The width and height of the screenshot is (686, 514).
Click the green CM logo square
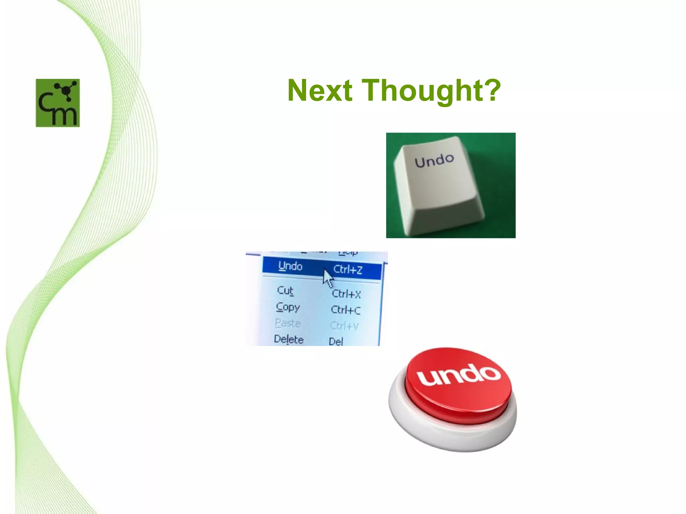click(58, 103)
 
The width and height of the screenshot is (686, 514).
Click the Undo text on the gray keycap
click(434, 161)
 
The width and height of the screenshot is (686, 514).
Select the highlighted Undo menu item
click(290, 266)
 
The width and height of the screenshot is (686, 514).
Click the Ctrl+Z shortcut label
click(348, 269)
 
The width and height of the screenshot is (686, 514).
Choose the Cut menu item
click(285, 290)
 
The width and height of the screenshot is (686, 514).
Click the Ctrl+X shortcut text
click(346, 294)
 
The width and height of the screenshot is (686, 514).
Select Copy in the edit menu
click(288, 307)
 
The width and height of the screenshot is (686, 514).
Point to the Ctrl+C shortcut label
click(346, 310)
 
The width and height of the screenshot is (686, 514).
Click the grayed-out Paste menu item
click(288, 323)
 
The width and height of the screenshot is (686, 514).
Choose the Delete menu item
click(288, 339)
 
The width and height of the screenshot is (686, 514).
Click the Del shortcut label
click(336, 341)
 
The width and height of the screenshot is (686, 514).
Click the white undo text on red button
click(458, 375)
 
